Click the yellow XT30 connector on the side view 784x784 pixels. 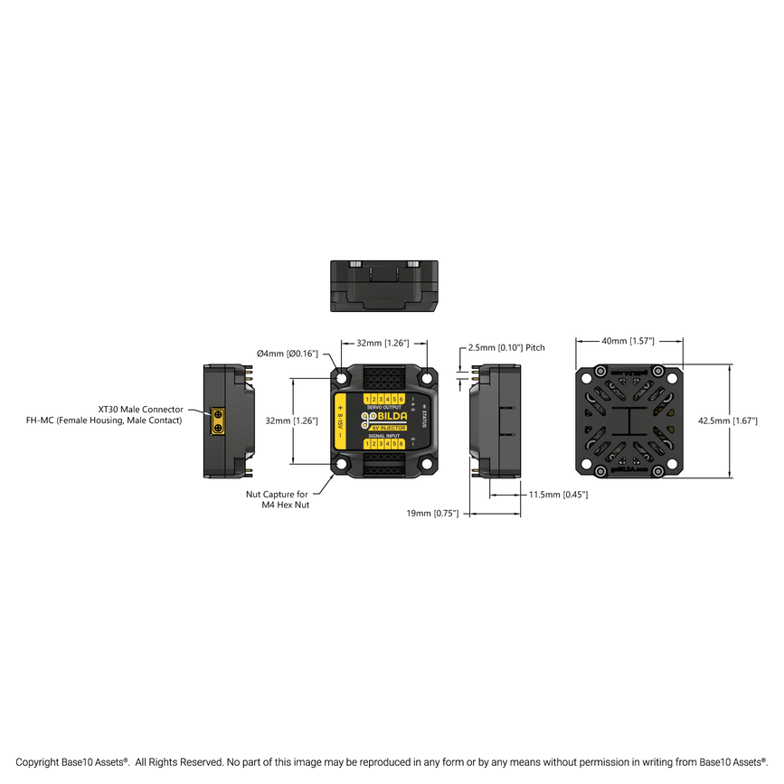(x=218, y=420)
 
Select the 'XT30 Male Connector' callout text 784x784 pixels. (x=140, y=410)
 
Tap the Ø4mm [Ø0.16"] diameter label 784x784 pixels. (x=288, y=354)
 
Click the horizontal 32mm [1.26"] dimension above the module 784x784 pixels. (x=383, y=343)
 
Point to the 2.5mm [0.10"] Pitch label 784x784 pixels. (x=506, y=347)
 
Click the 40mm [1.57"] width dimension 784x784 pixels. (x=628, y=341)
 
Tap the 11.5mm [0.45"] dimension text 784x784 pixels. (x=558, y=495)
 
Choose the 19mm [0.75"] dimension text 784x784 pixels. (x=433, y=513)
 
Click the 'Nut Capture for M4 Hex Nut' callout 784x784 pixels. (x=278, y=499)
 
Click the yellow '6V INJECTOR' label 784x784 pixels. (x=388, y=428)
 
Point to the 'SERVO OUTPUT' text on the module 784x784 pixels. (x=384, y=408)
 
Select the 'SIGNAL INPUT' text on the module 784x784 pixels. (x=384, y=435)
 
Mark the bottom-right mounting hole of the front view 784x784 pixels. (x=427, y=465)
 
